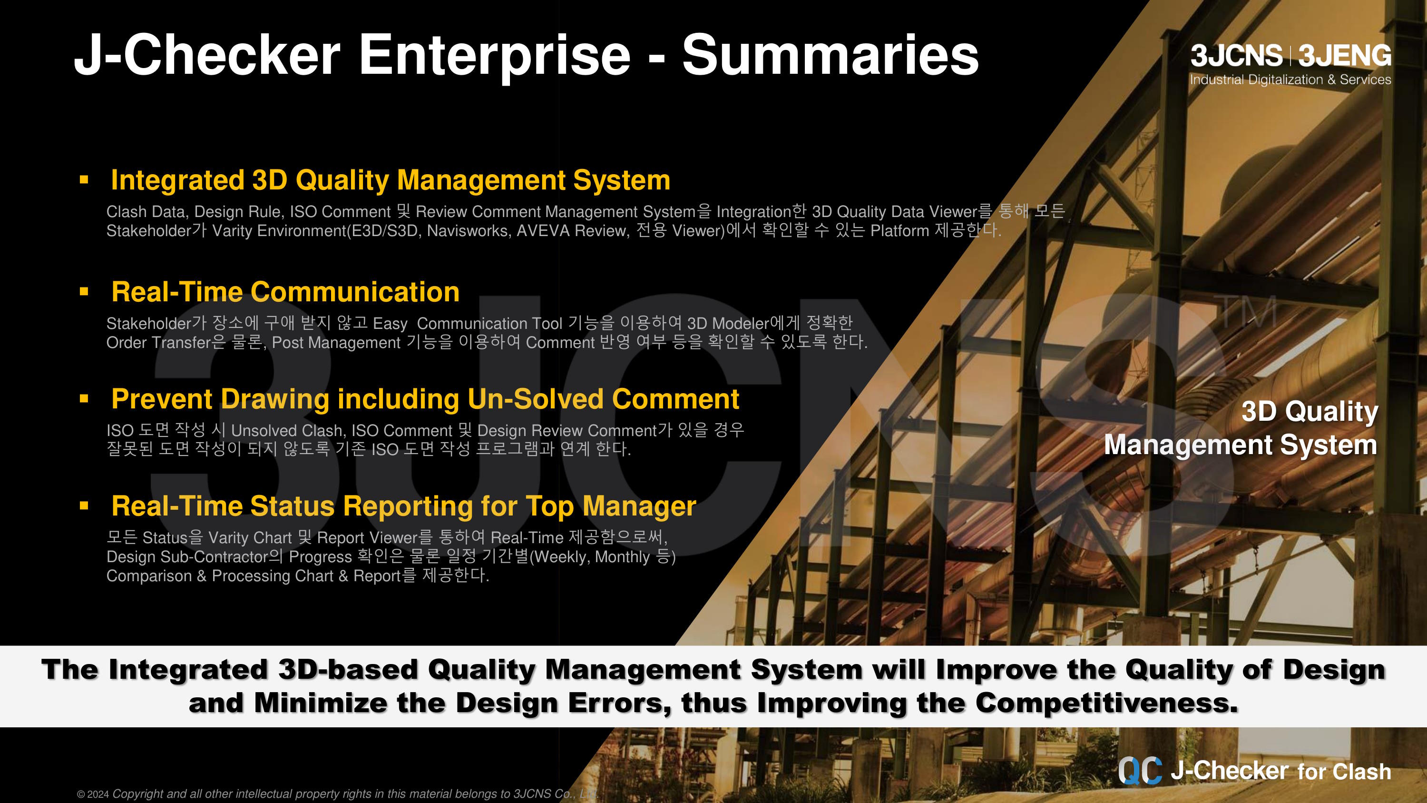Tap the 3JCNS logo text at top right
tap(1236, 55)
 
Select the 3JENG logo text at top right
tap(1344, 55)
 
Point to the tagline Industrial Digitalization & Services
tap(1290, 80)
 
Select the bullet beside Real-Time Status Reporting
tap(84, 505)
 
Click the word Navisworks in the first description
tap(469, 230)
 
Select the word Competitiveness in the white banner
tap(1106, 703)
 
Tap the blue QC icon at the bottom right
tap(1140, 770)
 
